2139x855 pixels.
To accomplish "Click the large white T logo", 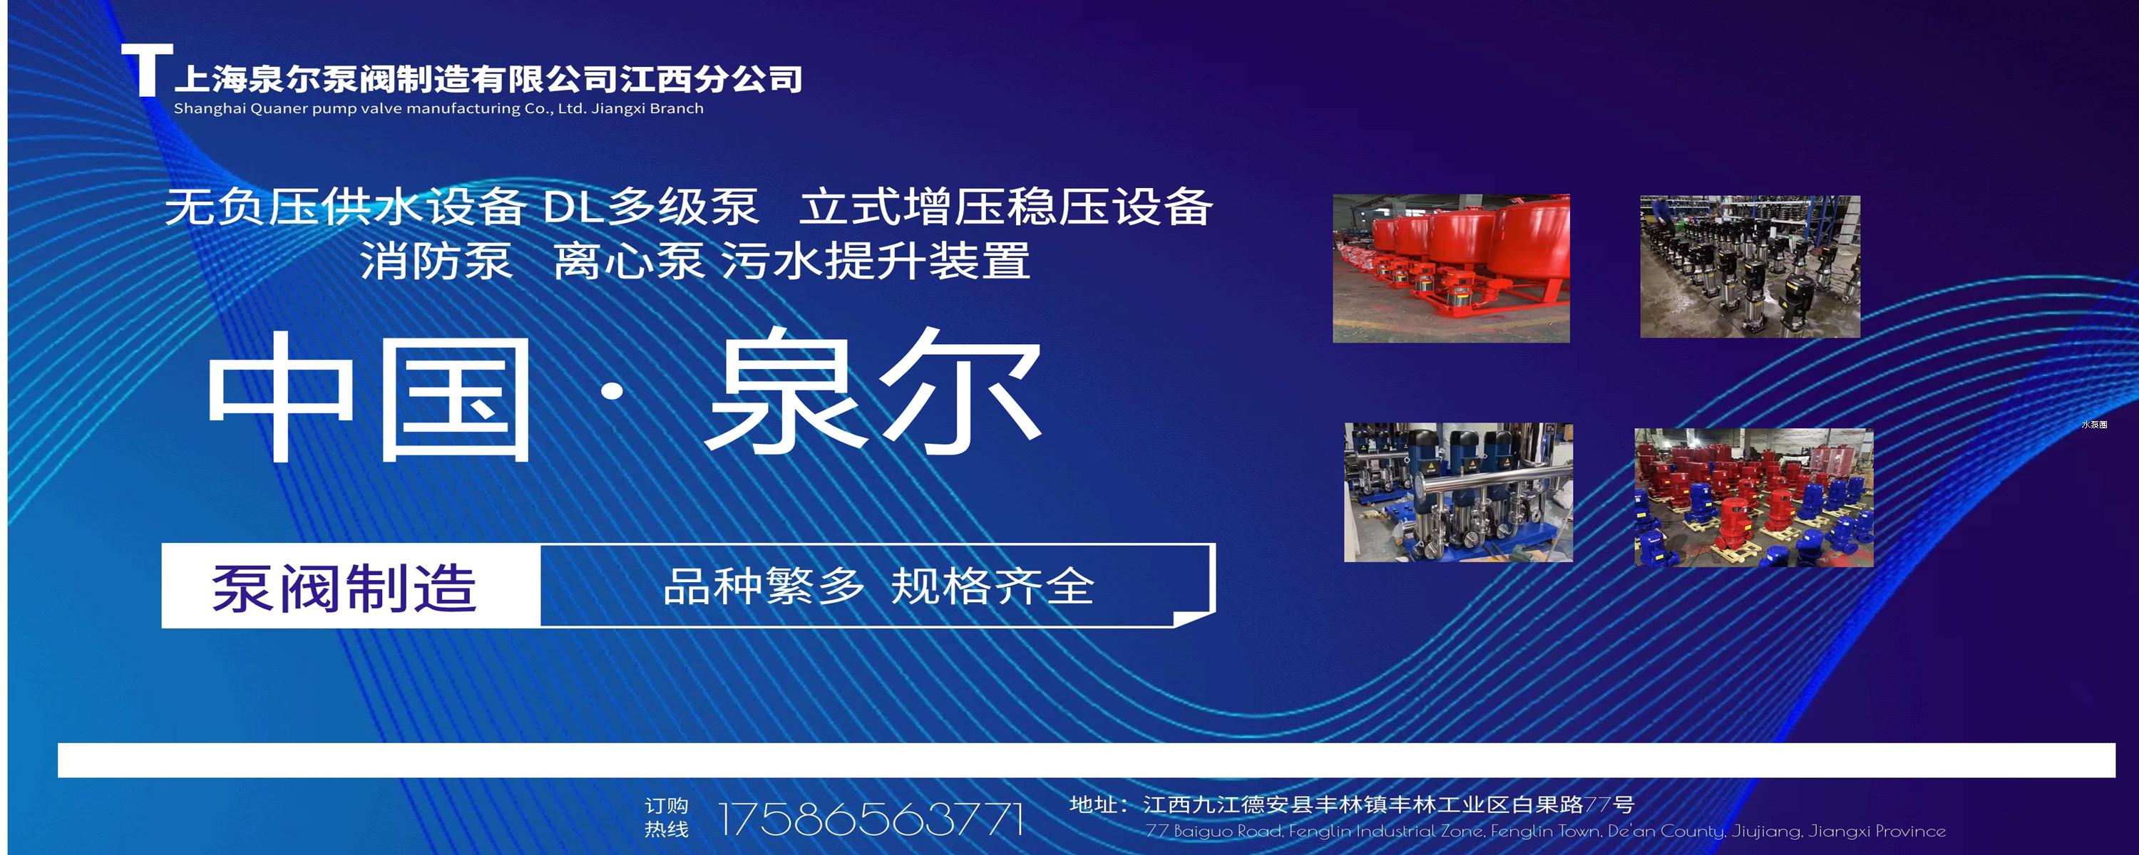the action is pos(147,71).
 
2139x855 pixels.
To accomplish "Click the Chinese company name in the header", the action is pos(488,79).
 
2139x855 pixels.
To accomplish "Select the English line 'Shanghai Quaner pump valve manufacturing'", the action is pos(348,109).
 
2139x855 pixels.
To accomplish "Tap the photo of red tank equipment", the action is pos(1451,268).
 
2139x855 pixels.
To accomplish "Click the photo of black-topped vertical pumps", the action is pos(1750,266).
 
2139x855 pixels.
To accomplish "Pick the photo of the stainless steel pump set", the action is pos(1458,492).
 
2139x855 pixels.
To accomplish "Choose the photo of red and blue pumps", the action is pos(1754,498).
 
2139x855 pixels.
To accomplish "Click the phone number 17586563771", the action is pos(870,819).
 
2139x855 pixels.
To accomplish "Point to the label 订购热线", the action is pos(667,818).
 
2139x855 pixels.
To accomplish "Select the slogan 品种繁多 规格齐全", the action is pos(878,586).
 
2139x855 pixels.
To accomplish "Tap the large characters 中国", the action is pos(369,397).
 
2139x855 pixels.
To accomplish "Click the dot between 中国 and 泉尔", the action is pos(612,392).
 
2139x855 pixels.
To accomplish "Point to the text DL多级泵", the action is pos(650,207).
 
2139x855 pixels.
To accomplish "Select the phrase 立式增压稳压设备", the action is pos(1005,207).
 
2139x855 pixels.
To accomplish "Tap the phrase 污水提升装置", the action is pos(876,261).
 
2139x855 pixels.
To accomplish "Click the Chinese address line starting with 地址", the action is pos(1352,804).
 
